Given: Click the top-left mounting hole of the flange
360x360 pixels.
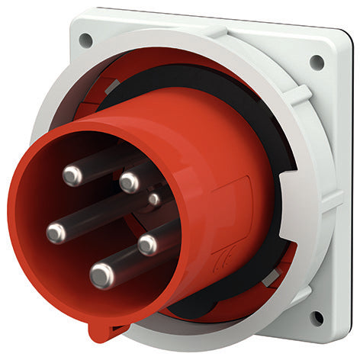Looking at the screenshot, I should (85, 38).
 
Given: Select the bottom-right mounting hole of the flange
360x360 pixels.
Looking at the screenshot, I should (316, 317).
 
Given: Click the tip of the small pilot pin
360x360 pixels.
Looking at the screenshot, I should (154, 200).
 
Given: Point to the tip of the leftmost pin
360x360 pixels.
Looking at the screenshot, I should (56, 233).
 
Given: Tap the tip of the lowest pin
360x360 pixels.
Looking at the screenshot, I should (101, 275).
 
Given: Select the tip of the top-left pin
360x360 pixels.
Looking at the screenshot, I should (72, 176).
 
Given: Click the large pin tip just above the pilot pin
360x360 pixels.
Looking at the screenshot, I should (130, 182).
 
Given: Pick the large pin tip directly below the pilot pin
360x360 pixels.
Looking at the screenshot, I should (147, 244).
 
